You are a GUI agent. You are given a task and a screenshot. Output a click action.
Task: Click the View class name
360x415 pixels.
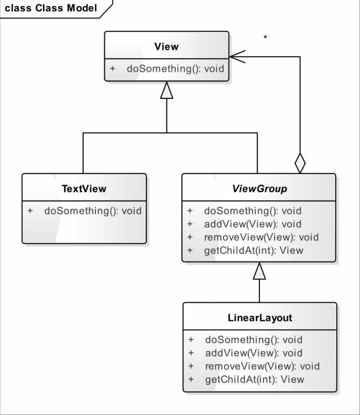point(166,47)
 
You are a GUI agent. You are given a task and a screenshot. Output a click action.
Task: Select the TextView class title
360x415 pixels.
point(84,189)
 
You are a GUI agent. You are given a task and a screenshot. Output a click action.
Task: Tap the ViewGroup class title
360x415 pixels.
point(260,189)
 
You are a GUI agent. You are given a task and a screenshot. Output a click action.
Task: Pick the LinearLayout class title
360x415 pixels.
point(260,318)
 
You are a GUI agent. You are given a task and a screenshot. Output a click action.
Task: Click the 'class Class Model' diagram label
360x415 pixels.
point(51,8)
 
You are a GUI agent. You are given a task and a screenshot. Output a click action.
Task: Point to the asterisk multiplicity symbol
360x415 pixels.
point(265,37)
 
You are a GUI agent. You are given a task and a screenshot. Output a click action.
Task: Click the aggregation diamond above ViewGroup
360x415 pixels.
point(300,163)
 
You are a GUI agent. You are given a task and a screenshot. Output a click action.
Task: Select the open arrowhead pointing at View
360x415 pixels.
point(238,57)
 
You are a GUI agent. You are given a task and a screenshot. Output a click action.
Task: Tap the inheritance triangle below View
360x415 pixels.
point(166,90)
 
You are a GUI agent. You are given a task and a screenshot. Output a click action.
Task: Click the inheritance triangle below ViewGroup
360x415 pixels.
point(259,271)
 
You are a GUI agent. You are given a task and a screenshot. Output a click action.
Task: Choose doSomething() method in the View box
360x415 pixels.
point(175,68)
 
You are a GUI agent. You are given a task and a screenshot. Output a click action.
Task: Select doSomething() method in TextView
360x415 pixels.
point(93,211)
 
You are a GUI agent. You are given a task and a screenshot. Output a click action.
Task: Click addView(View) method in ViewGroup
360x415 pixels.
point(253,224)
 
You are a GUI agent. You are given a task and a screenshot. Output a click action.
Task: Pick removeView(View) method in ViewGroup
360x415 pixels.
point(262,237)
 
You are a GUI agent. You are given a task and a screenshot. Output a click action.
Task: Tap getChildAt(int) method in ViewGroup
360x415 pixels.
point(253,250)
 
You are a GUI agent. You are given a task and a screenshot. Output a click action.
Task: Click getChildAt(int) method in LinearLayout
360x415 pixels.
point(255,379)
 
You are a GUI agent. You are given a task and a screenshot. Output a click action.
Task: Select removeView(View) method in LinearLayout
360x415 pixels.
point(262,366)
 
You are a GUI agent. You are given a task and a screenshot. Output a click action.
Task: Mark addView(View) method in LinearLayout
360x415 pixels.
point(254,353)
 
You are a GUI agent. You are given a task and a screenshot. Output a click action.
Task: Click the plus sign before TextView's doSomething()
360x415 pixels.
point(30,211)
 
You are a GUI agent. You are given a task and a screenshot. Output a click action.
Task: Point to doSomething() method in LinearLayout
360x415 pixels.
point(254,340)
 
